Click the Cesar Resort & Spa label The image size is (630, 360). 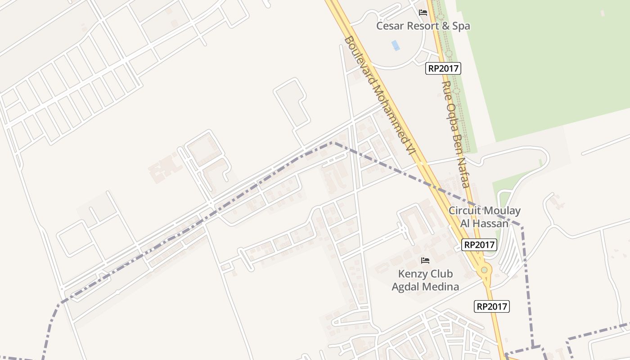coord(423,26)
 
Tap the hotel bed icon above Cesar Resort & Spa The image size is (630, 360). coord(423,13)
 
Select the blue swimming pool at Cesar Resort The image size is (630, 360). coord(396,45)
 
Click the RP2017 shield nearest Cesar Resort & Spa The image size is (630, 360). coord(443,68)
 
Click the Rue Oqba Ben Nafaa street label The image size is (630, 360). coord(455,134)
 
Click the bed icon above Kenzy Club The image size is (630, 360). coord(425,261)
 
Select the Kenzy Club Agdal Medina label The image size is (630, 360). coord(425,280)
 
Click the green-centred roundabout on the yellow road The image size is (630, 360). coord(484,270)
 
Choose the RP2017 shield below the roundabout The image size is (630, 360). coord(492,307)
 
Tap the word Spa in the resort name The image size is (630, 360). coord(461,26)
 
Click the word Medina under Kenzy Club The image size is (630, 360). coord(443,287)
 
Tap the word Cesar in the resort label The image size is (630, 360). coord(390,26)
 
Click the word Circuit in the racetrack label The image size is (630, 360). coord(463,211)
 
